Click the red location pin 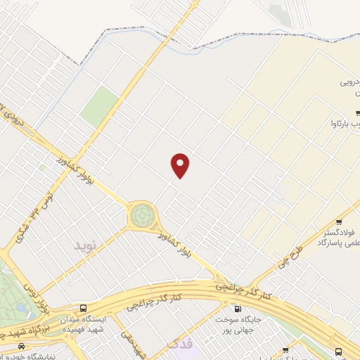coord(181,165)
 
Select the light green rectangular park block coord(99,107)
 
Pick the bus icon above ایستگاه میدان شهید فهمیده coord(84,309)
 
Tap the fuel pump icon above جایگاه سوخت coord(236,308)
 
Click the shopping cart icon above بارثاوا coord(358,112)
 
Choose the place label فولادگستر coord(342,232)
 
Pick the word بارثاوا coord(345,125)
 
